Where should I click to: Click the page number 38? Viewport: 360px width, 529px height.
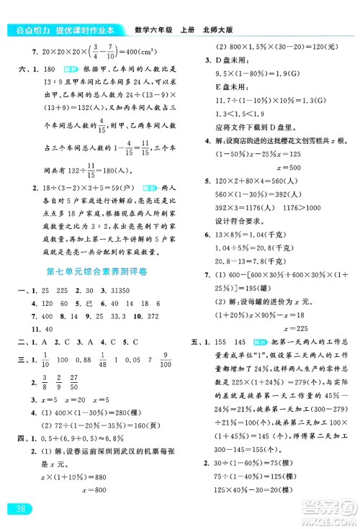tap(16, 511)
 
